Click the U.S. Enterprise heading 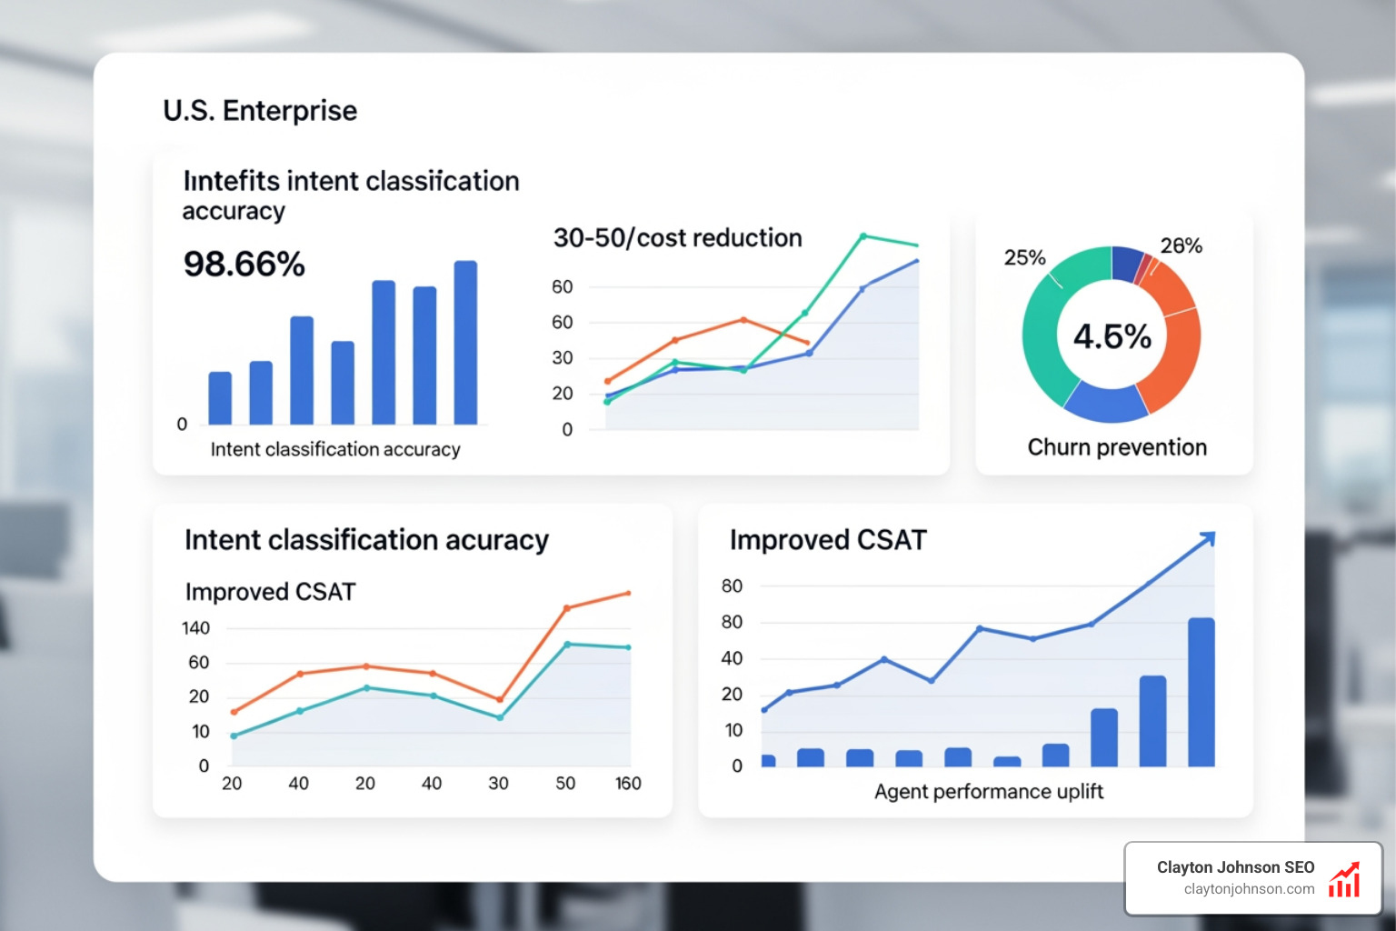(260, 111)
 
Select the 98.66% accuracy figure (244, 265)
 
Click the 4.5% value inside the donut (1112, 336)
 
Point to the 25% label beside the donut (1024, 258)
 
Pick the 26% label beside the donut (1181, 245)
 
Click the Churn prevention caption (1117, 447)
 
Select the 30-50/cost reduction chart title (677, 238)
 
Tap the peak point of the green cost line (863, 235)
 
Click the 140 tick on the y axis (195, 628)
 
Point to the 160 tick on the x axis (628, 784)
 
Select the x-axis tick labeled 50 (565, 784)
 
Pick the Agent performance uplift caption (989, 792)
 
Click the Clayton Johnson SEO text (1235, 867)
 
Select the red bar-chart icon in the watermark (1344, 880)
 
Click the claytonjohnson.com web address (1249, 889)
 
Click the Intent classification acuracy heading (366, 540)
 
